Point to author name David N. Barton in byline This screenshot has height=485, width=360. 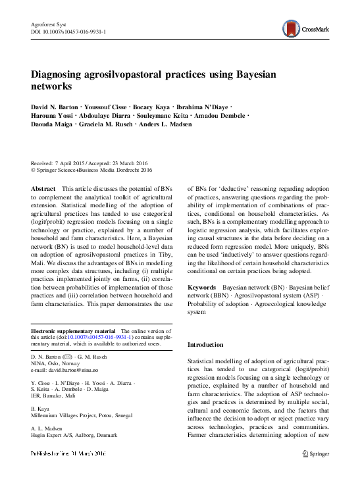pos(53,107)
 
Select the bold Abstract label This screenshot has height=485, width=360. pos(43,189)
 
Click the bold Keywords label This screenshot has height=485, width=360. pos(202,288)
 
